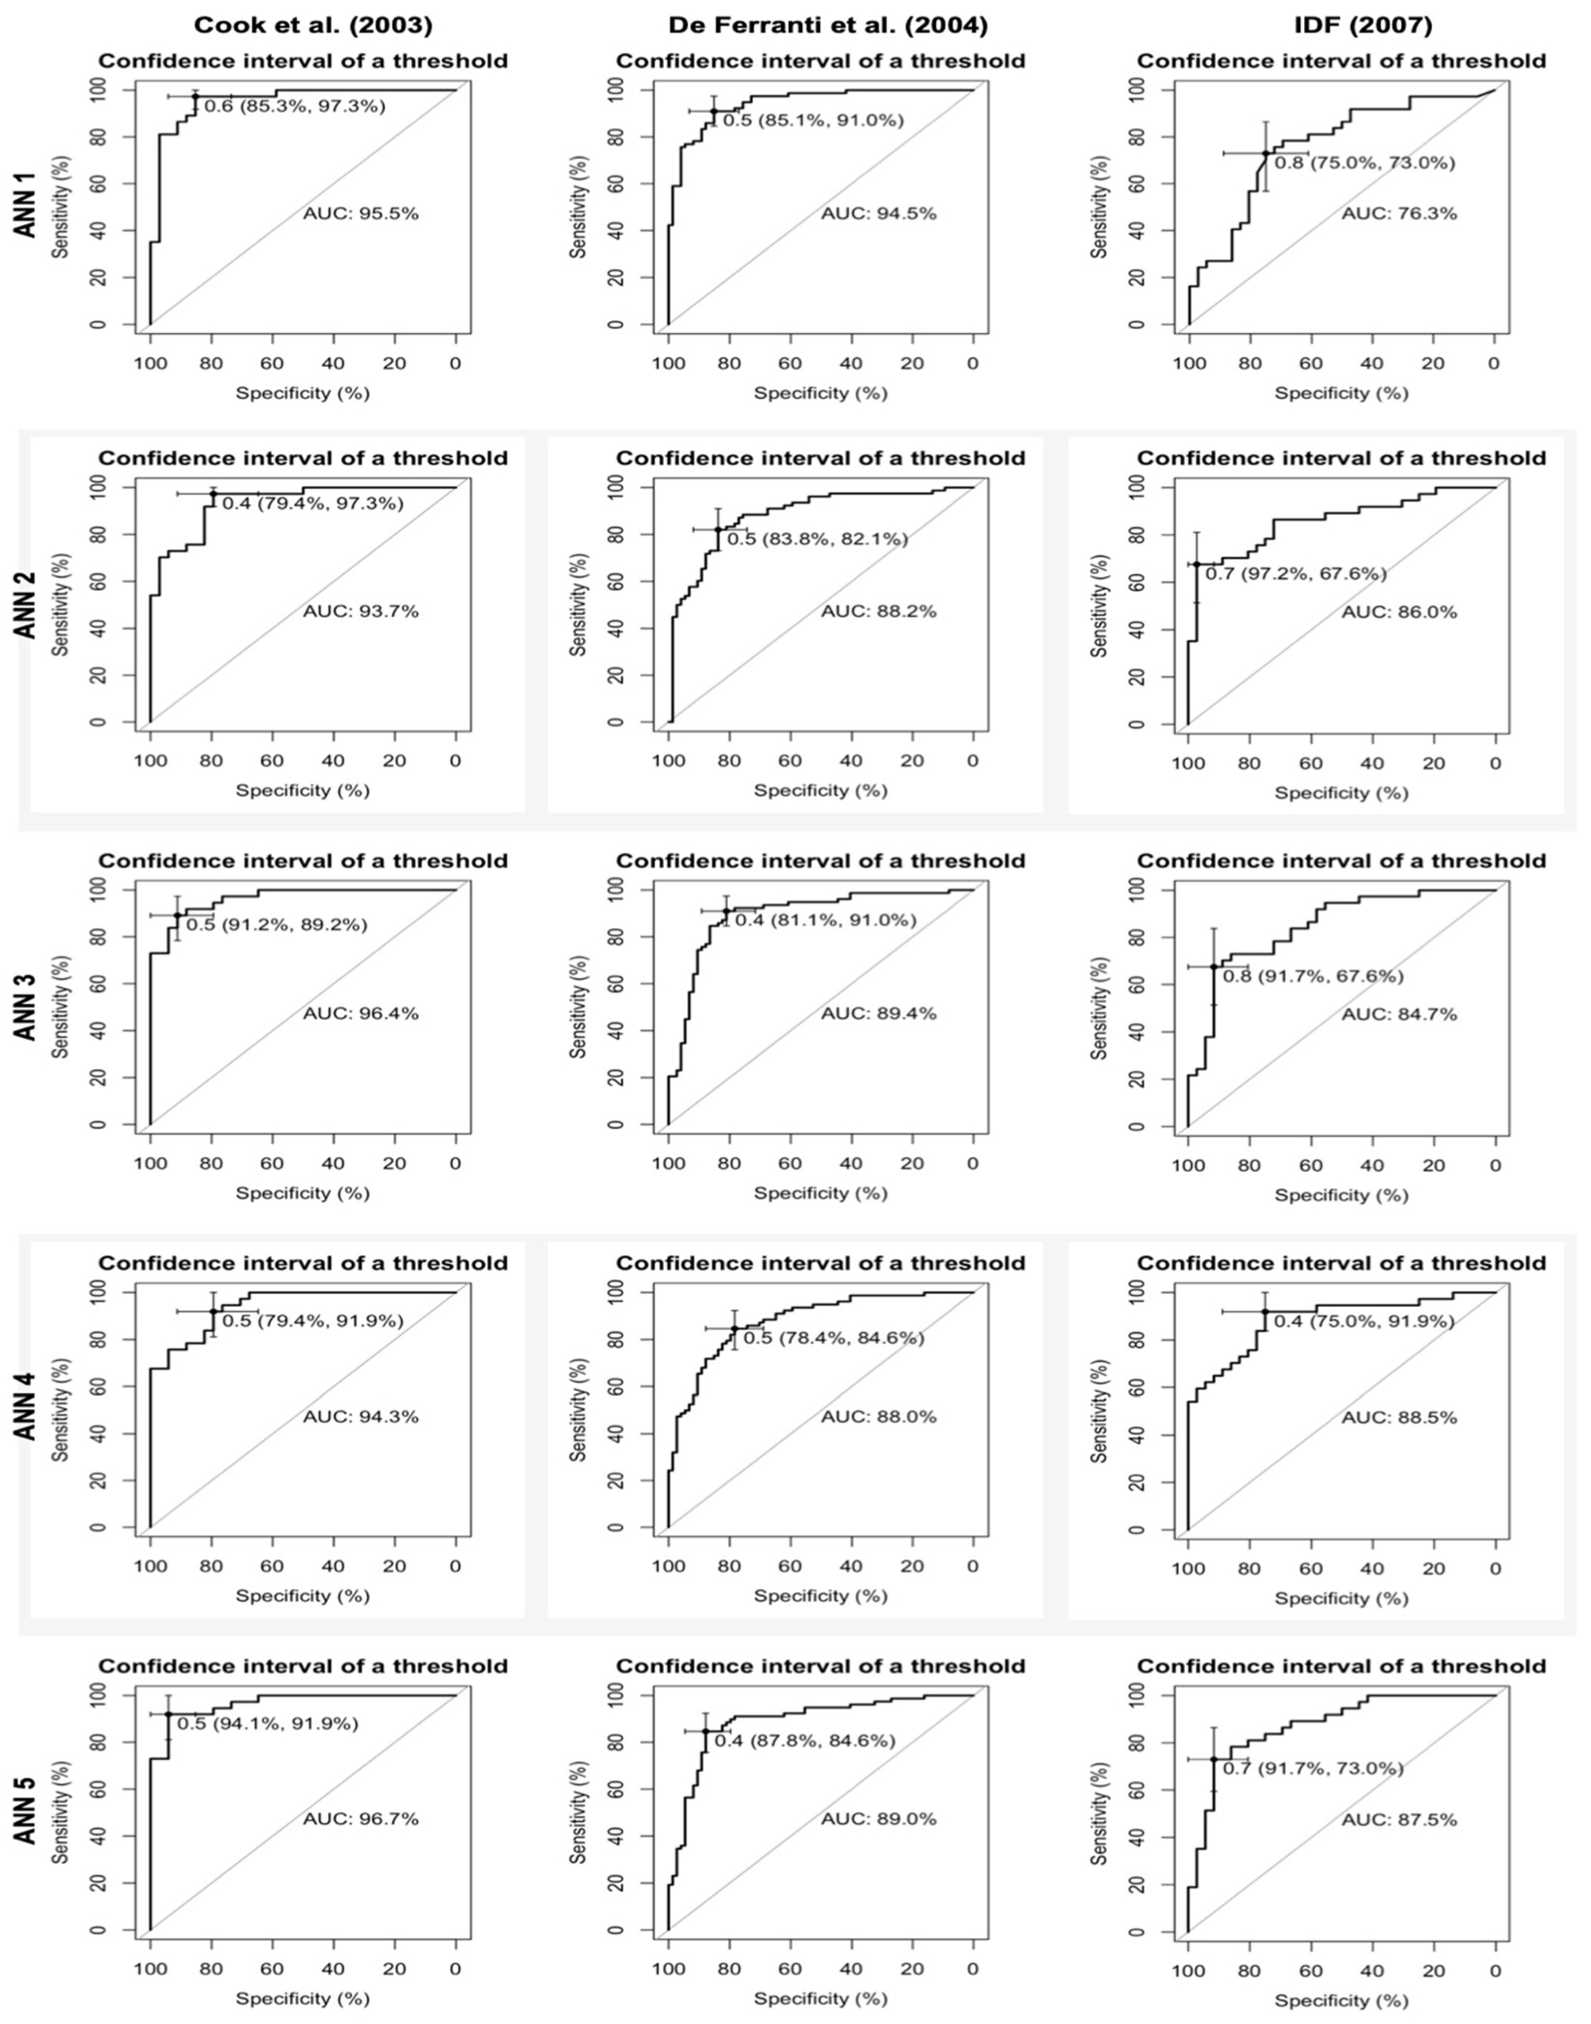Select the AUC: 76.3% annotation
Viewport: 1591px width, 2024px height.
[1399, 213]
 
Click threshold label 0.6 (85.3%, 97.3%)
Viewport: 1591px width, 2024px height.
[294, 106]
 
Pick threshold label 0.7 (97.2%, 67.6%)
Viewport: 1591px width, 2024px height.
[1296, 574]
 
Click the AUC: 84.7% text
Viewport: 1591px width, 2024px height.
[1399, 1014]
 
